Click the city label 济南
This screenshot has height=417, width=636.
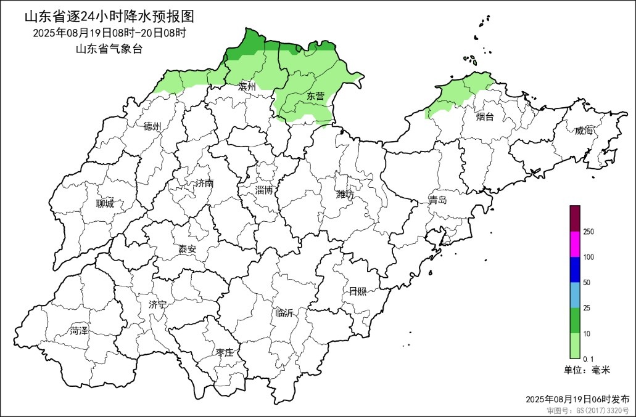tap(204, 184)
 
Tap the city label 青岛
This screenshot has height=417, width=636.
tap(438, 200)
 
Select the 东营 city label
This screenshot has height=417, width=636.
tap(315, 96)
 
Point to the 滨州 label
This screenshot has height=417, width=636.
tap(247, 87)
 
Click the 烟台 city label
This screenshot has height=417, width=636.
tap(485, 116)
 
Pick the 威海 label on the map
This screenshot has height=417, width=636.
tap(583, 131)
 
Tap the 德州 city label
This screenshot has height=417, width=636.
tap(152, 126)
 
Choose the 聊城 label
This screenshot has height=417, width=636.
tap(105, 204)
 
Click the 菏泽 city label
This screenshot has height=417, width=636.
tap(79, 331)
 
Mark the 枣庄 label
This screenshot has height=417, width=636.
tap(224, 352)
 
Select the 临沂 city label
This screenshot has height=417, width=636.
tap(285, 313)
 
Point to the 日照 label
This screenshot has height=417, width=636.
tap(357, 291)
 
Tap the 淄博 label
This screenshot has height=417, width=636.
tap(264, 190)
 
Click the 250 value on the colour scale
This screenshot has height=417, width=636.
tap(589, 232)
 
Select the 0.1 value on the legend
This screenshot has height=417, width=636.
tap(589, 358)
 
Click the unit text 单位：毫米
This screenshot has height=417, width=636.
tap(587, 370)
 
